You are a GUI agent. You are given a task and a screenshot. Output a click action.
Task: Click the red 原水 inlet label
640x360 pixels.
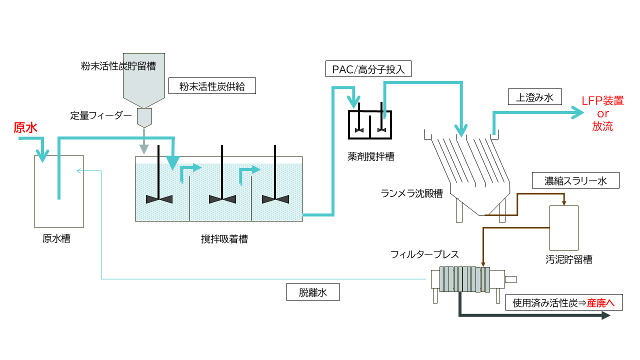click(x=25, y=128)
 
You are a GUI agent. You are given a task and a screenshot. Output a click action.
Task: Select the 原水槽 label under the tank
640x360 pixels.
click(x=56, y=238)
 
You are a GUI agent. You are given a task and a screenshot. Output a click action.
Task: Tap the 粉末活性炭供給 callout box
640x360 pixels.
click(x=212, y=86)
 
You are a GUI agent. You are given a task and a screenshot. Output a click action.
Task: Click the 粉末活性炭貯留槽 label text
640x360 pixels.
click(x=118, y=66)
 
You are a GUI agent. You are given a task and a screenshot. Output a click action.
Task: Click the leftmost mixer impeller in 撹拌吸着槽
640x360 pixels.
click(x=159, y=199)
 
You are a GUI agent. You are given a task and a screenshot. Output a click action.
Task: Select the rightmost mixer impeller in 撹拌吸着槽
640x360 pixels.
click(x=275, y=199)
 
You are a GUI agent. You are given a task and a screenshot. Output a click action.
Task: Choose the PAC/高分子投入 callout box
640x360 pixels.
click(x=368, y=68)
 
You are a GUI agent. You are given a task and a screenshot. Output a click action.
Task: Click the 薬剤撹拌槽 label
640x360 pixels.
click(x=370, y=157)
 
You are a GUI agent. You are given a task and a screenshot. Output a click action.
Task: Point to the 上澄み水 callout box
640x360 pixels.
click(x=535, y=96)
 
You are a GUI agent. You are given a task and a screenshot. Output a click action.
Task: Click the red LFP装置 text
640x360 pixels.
click(x=602, y=101)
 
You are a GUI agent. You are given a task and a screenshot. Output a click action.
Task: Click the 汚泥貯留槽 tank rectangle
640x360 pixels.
click(x=563, y=227)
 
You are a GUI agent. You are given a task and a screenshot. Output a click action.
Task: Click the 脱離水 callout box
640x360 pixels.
click(x=312, y=292)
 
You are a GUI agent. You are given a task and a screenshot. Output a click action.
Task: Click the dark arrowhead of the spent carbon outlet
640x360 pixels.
click(x=606, y=315)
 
